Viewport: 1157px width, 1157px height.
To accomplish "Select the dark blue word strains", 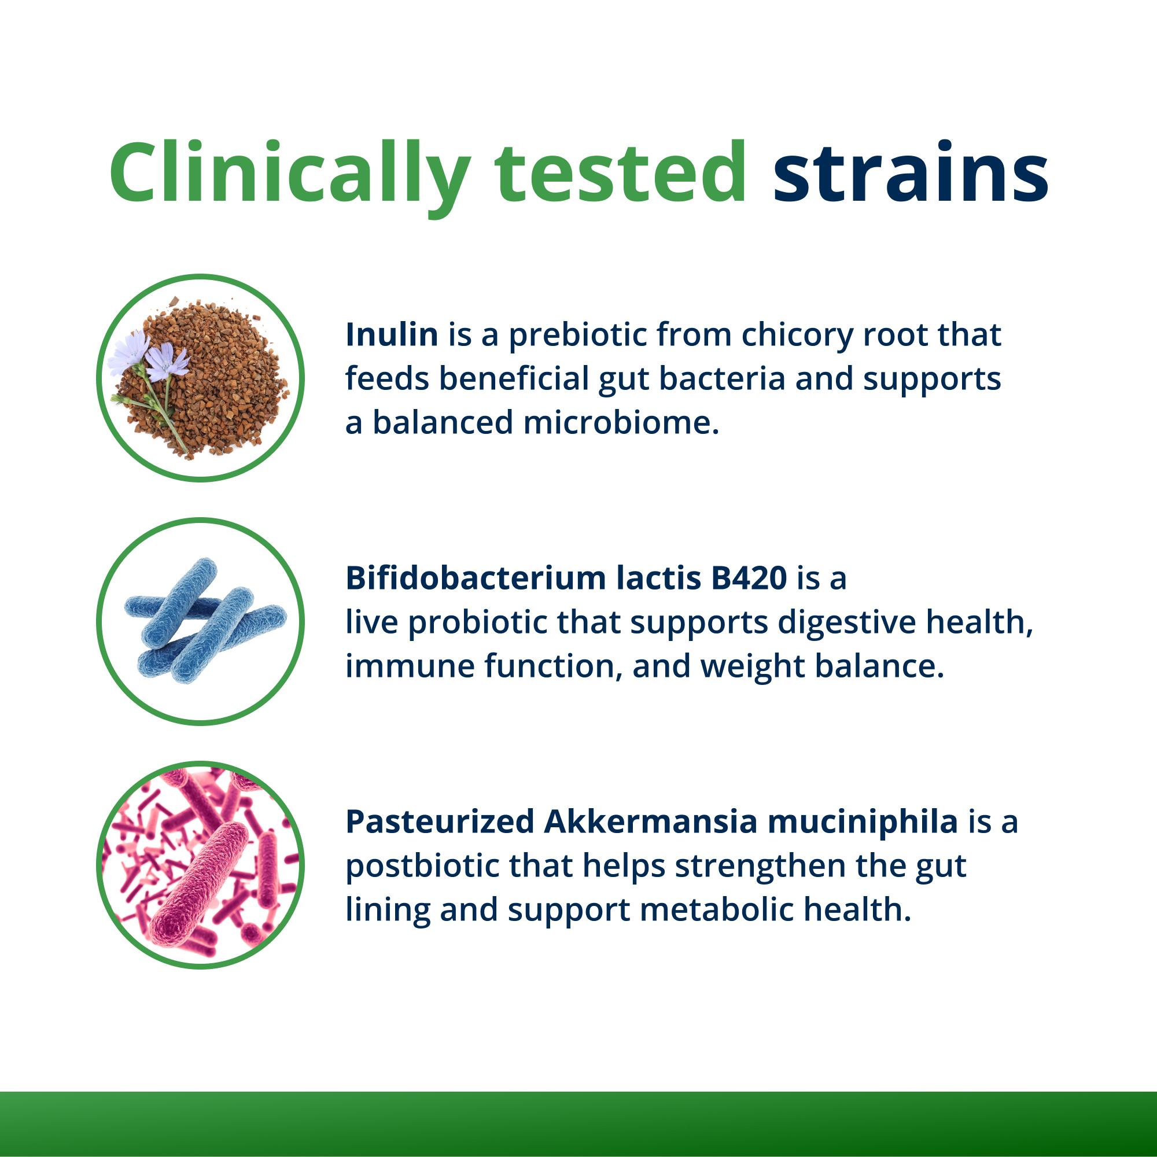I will [x=910, y=174].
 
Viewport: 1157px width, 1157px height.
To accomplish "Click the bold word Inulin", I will [x=392, y=335].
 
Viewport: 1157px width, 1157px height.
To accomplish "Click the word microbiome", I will [x=620, y=423].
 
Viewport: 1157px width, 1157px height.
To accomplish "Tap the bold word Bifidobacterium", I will [x=476, y=578].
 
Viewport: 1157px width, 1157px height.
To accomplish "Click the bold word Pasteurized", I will [x=440, y=821].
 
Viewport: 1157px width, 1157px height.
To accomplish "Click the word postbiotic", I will [x=422, y=867].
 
